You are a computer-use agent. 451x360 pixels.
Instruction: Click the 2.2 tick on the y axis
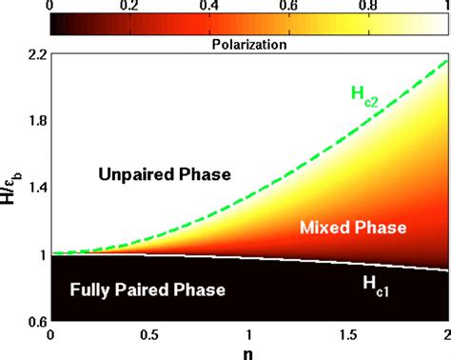pyautogui.click(x=35, y=56)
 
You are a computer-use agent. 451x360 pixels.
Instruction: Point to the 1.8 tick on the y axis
pyautogui.click(x=35, y=122)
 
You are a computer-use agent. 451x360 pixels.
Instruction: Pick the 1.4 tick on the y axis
pyautogui.click(x=35, y=189)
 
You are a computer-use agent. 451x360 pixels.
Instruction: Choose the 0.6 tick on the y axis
pyautogui.click(x=35, y=321)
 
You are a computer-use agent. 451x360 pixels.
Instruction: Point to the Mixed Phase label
pyautogui.click(x=352, y=228)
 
